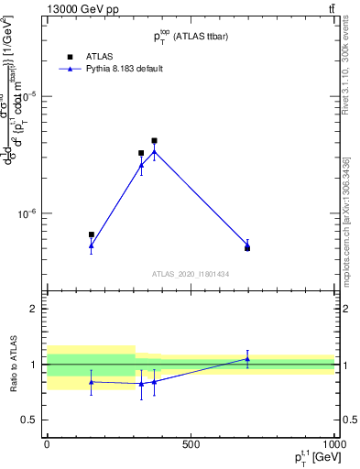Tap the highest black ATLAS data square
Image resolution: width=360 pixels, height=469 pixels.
pyautogui.click(x=154, y=141)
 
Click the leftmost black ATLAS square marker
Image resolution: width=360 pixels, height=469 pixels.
pyautogui.click(x=91, y=234)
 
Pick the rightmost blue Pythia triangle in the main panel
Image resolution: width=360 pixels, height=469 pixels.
pyautogui.click(x=247, y=245)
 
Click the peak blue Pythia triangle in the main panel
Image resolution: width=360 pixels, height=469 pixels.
pyautogui.click(x=154, y=152)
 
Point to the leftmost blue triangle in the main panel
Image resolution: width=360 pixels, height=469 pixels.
pyautogui.click(x=91, y=245)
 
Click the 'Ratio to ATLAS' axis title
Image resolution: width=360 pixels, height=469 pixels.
pyautogui.click(x=13, y=365)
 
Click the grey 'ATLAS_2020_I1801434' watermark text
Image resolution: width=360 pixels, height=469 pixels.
pyautogui.click(x=191, y=274)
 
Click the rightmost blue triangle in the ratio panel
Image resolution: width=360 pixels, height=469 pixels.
pyautogui.click(x=247, y=359)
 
